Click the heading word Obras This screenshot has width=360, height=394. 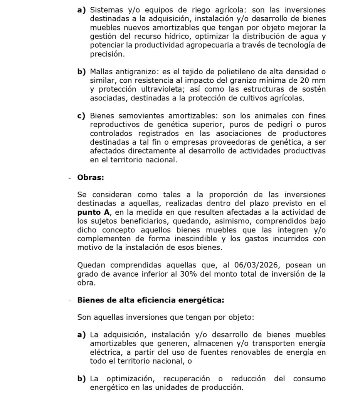(91, 178)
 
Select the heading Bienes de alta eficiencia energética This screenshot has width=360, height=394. (150, 300)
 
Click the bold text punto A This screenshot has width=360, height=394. (91, 212)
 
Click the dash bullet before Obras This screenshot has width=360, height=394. (70, 178)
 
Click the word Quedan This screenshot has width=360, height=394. (91, 265)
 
